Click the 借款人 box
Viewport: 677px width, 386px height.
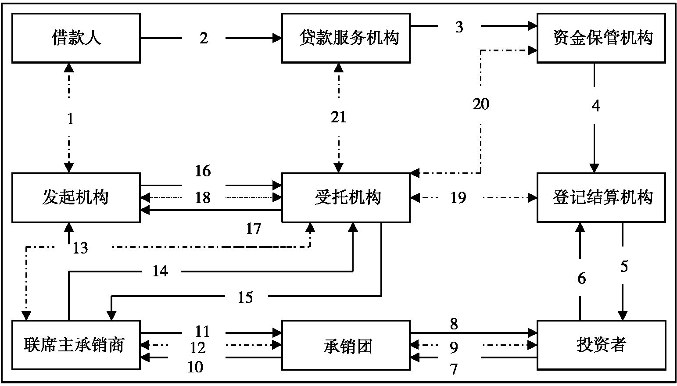pos(76,38)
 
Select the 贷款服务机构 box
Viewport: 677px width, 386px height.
pos(346,38)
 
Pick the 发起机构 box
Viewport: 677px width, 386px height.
pos(76,197)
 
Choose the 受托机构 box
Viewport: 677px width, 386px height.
pos(346,197)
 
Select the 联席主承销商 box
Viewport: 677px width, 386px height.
pos(76,345)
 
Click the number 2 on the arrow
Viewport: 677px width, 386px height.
pos(204,38)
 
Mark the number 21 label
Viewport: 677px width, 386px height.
pos(338,117)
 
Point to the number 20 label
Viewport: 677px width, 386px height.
pos(481,104)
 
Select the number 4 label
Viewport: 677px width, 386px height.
pos(595,106)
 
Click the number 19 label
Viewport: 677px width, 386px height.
pos(458,198)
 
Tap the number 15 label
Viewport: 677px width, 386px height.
pos(245,297)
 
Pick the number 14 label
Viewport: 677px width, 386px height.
pos(160,271)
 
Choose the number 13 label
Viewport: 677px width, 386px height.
pos(80,248)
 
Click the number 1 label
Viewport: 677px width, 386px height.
pos(70,118)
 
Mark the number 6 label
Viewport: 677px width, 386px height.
pos(581,278)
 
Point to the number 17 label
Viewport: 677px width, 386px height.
pos(253,229)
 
